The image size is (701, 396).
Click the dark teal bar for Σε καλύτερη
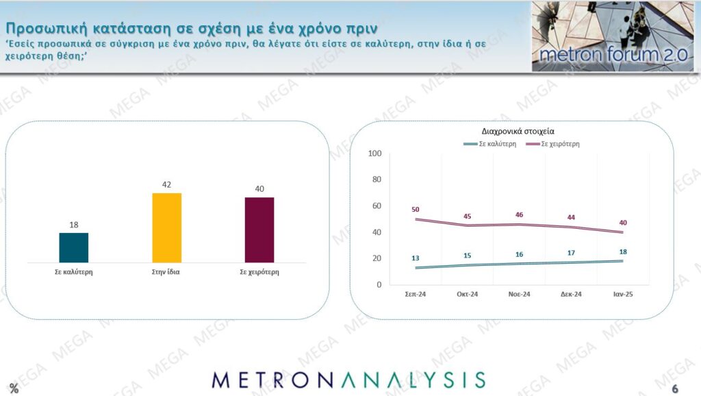74,247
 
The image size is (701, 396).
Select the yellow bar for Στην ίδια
166,227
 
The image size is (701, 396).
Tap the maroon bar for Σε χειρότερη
259,230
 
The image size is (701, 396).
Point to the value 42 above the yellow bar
166,184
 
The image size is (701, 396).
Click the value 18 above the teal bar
74,224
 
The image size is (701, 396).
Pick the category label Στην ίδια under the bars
166,272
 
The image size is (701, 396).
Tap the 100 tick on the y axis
374,153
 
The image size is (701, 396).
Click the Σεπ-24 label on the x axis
416,295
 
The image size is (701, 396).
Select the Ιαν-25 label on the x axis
623,295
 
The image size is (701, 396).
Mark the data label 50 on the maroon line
416,209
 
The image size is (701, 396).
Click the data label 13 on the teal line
416,258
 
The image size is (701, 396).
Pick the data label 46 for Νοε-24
519,214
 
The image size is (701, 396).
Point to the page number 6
675,388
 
